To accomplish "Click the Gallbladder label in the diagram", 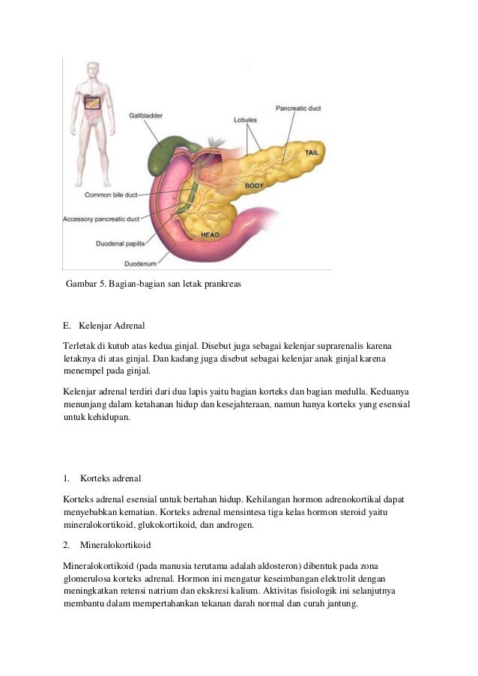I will click(145, 116).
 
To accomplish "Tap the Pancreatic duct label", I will click(298, 108).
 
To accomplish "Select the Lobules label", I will click(246, 119).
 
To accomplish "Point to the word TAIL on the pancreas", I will click(312, 153).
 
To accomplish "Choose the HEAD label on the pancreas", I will click(210, 235).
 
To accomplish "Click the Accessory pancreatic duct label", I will click(101, 219).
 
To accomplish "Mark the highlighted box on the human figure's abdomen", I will click(92, 103).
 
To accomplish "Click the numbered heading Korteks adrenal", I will click(110, 478).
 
